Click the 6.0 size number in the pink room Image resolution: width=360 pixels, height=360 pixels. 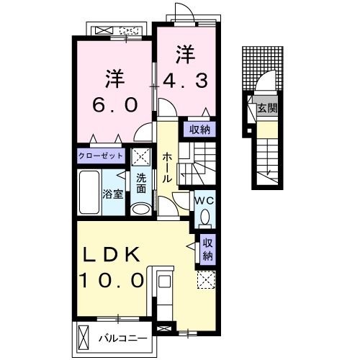[113, 104]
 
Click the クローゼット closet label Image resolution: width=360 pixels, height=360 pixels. [102, 155]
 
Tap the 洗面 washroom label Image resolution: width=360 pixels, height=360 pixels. [141, 184]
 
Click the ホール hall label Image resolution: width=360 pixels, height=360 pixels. [167, 167]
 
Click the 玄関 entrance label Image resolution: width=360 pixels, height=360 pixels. [267, 109]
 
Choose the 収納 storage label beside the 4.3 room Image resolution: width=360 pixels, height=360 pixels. [199, 130]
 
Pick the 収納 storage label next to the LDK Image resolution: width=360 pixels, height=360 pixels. [207, 248]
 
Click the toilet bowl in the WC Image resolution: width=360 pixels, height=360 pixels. [204, 217]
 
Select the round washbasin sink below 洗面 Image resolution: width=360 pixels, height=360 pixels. [141, 209]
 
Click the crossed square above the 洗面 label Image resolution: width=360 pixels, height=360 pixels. [142, 156]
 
